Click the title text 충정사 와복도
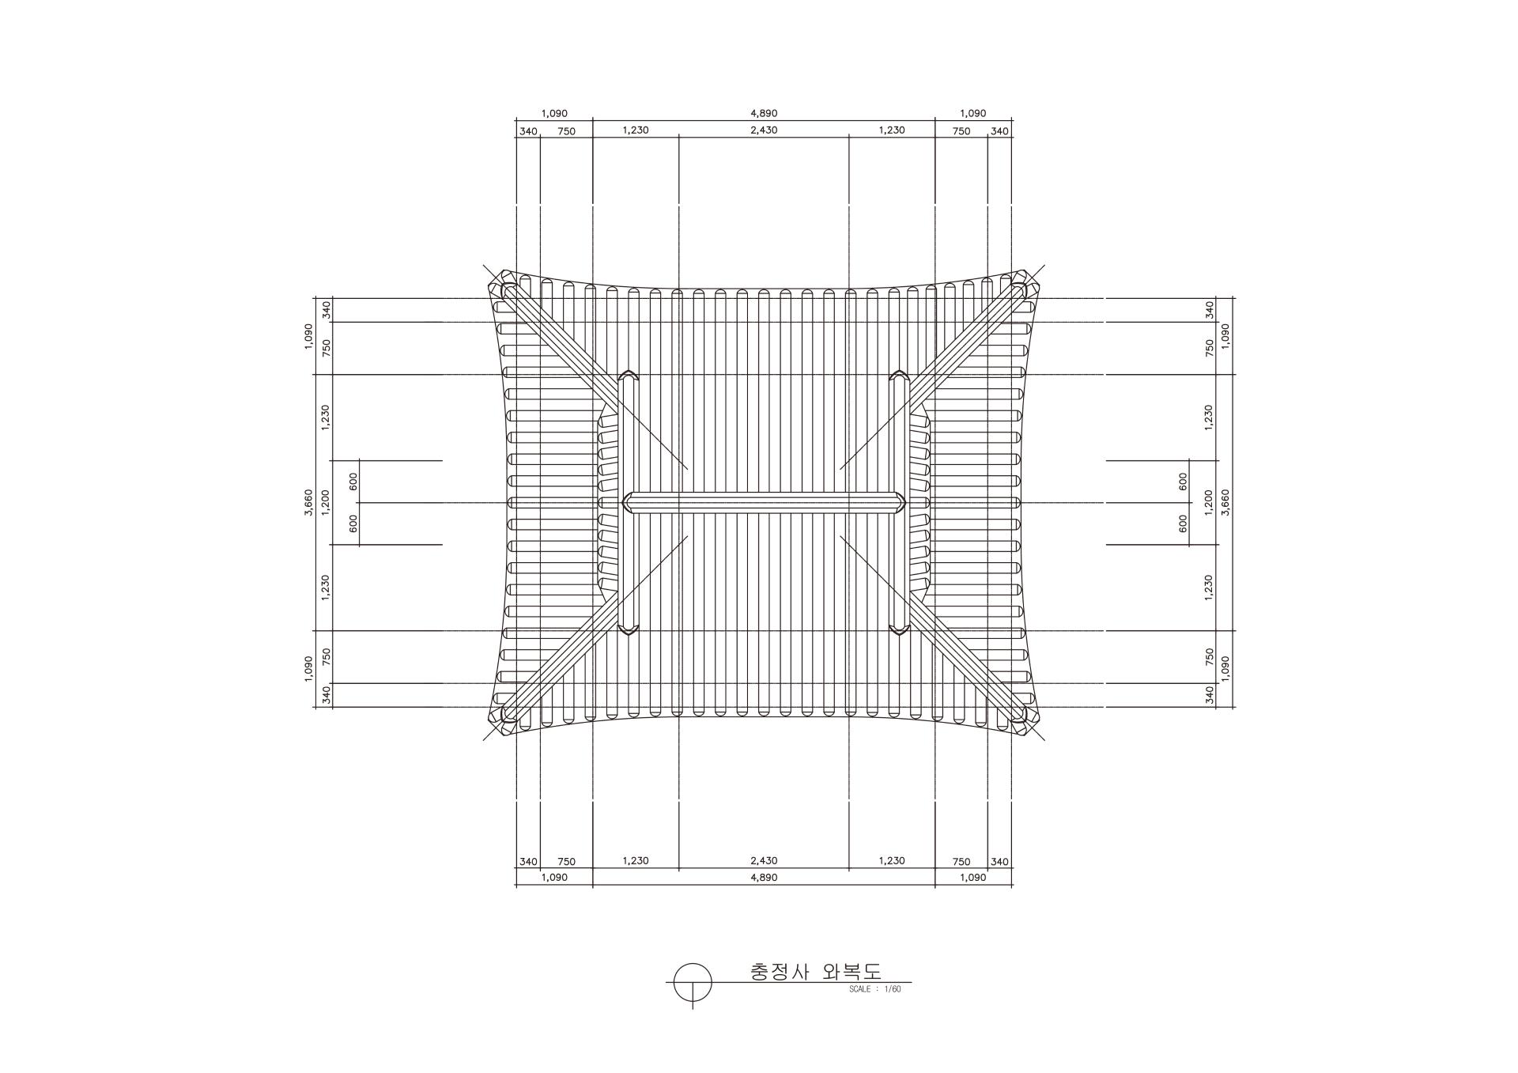click(815, 971)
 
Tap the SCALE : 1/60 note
click(874, 989)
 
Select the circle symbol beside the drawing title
click(693, 983)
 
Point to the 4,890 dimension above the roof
click(764, 114)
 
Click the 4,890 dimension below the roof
click(764, 878)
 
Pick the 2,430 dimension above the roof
click(764, 130)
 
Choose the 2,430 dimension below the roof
click(764, 861)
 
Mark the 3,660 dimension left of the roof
click(308, 502)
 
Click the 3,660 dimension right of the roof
click(1225, 502)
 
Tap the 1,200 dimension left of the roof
click(325, 502)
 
